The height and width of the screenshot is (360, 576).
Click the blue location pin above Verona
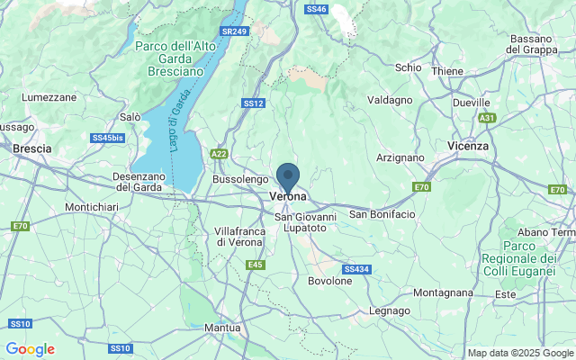pyautogui.click(x=288, y=175)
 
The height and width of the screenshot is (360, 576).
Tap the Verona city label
pyautogui.click(x=288, y=196)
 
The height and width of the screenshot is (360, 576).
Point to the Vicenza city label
pyautogui.click(x=467, y=145)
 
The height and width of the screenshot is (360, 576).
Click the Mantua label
pyautogui.click(x=222, y=328)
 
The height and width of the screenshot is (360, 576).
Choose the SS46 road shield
pyautogui.click(x=316, y=8)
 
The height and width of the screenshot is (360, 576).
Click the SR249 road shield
pyautogui.click(x=234, y=31)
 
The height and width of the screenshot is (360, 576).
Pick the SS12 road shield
pyautogui.click(x=253, y=103)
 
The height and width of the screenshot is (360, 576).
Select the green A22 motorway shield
pyautogui.click(x=219, y=155)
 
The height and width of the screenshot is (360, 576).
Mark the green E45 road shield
pyautogui.click(x=256, y=265)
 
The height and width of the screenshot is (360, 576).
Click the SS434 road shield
pyautogui.click(x=355, y=269)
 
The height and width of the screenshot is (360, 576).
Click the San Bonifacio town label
pyautogui.click(x=382, y=214)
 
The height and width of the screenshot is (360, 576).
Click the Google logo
pyautogui.click(x=30, y=349)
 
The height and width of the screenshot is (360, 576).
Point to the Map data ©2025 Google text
pyautogui.click(x=519, y=353)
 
